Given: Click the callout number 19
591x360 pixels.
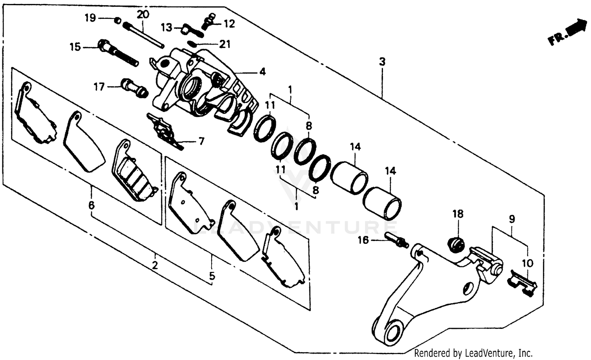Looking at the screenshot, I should click(x=90, y=18).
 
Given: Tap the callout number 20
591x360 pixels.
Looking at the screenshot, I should click(x=143, y=15).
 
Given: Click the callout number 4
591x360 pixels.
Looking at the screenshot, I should click(x=262, y=72).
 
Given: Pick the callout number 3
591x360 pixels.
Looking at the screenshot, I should click(x=382, y=61).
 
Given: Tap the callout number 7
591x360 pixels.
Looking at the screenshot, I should click(x=201, y=141).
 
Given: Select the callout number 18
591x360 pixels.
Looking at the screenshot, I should click(x=458, y=214).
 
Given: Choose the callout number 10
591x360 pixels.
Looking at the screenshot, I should click(x=528, y=263).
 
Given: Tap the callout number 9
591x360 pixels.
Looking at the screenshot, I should click(x=511, y=219).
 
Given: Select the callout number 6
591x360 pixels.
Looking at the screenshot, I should click(x=91, y=205).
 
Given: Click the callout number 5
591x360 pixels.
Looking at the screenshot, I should click(x=212, y=276).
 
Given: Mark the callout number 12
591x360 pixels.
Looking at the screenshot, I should click(x=229, y=24).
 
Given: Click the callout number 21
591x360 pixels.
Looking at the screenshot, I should click(x=225, y=44).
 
